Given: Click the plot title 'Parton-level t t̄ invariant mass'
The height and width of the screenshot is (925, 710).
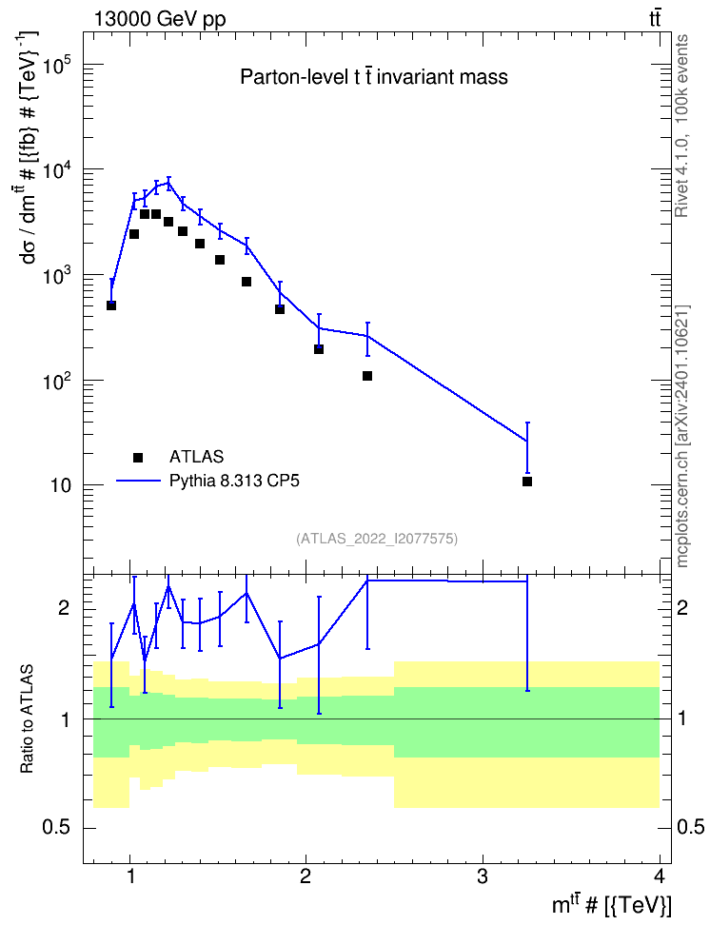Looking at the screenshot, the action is [374, 77].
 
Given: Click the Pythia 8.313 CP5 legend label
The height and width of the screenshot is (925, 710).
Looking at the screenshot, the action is [234, 481].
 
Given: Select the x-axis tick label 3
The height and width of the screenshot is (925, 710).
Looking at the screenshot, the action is [483, 876].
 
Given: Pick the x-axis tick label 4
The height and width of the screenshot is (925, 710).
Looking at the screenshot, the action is [660, 876].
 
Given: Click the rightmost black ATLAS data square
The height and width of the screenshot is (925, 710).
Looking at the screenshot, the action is [527, 482].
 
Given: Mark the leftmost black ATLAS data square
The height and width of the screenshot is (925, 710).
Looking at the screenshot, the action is [111, 305].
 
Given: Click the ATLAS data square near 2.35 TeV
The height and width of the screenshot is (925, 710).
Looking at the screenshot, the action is [367, 376].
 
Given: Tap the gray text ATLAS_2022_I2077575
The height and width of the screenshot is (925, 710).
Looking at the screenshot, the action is [377, 539].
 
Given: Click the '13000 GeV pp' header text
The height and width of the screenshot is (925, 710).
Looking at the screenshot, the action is [160, 20].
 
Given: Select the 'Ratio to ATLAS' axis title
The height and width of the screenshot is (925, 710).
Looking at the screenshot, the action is [27, 719].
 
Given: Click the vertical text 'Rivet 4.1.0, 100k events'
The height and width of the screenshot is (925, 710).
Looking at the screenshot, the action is [681, 126].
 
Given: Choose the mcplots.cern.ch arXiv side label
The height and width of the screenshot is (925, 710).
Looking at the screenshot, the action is [681, 436].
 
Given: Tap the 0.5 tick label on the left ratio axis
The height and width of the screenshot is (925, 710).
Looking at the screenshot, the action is [58, 828].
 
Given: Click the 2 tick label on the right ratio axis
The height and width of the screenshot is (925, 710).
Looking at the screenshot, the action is [682, 607].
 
